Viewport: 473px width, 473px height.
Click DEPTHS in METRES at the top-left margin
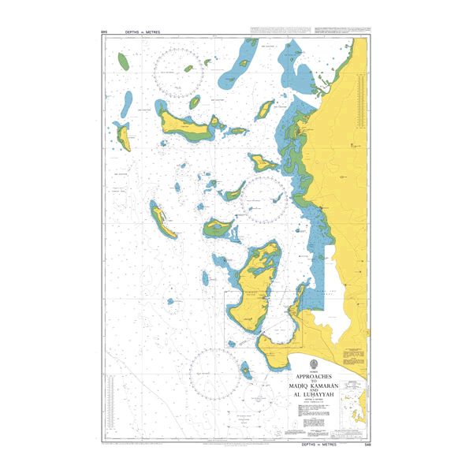(143, 32)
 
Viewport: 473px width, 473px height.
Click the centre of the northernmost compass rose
(179, 73)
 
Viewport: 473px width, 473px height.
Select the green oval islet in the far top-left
(123, 59)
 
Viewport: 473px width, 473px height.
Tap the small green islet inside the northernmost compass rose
(189, 69)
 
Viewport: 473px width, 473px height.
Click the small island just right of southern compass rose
(246, 367)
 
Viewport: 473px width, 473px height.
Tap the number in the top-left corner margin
(104, 32)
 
